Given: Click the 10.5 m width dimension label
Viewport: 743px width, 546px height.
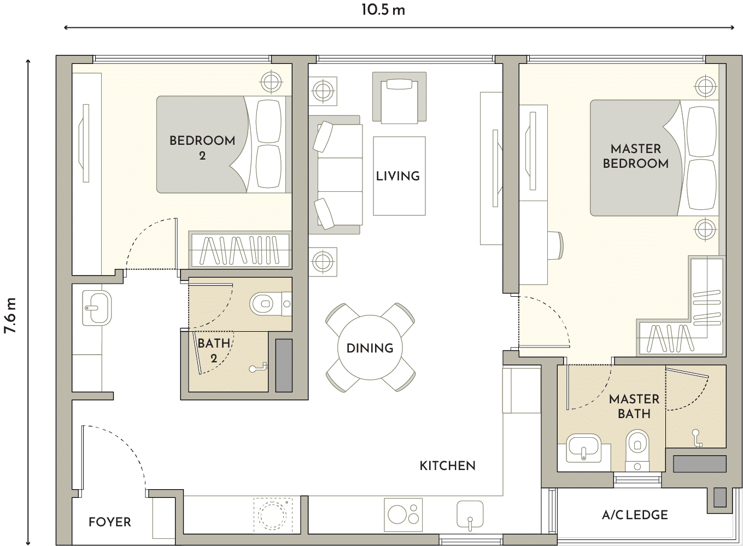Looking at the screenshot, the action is coord(383,10).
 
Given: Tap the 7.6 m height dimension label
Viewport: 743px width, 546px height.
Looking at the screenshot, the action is coord(10,315).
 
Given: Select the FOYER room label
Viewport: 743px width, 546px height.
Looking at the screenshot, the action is coord(110,522).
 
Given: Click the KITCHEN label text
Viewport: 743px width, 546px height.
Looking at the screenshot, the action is coord(447,466).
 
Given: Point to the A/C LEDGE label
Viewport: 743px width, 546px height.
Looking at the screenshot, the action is coord(635,515).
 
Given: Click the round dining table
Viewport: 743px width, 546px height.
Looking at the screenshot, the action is coord(370,348).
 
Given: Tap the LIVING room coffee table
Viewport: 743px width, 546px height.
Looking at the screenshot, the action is coord(399,176).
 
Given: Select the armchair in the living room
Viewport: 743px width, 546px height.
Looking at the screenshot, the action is coord(399,98).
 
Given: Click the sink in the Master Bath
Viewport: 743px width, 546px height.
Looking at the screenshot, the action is coord(583,448).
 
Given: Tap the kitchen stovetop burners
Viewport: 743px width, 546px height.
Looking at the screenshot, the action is coord(403,515).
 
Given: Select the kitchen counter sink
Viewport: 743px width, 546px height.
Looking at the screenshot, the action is coord(470,514).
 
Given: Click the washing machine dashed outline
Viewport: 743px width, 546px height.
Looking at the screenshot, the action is coord(273,514).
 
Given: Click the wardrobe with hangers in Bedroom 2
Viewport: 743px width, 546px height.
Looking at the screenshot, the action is coord(240,250).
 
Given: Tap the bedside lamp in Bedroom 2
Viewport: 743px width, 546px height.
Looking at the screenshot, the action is coord(271,81).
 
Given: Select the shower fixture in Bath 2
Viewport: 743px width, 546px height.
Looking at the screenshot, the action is coord(259,367).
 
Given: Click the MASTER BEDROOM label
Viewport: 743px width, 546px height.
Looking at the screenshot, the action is coord(635,156).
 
